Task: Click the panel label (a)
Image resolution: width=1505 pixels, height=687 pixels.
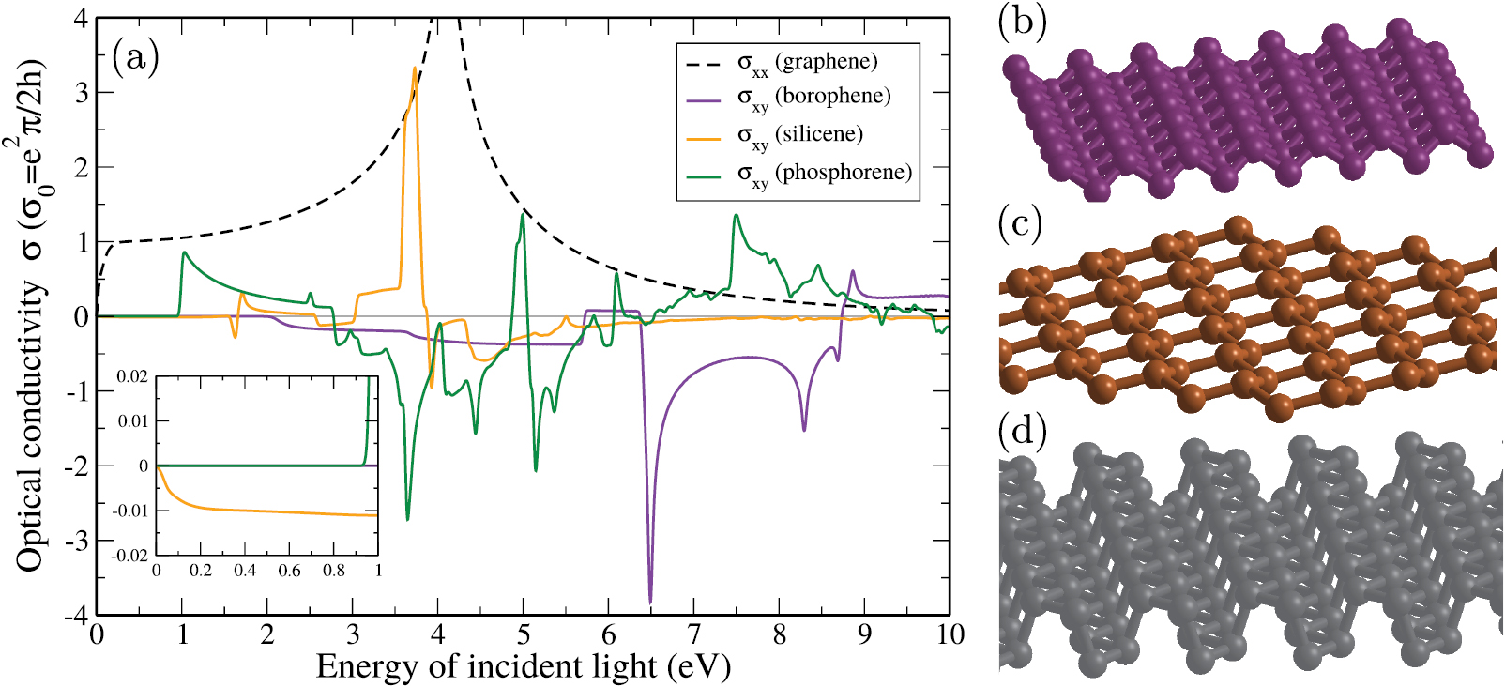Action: [135, 58]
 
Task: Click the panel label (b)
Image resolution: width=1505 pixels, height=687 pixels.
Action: [1022, 22]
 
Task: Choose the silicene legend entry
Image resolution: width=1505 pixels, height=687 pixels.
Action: [798, 136]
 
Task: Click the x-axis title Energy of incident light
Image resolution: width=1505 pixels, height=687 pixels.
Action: [523, 666]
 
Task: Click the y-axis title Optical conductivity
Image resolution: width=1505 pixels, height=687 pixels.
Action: [30, 319]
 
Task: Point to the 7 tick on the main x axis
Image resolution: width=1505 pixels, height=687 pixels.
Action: [694, 635]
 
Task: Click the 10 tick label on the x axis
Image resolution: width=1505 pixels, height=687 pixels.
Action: [950, 635]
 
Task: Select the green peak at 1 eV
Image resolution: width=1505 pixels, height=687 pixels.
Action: [184, 252]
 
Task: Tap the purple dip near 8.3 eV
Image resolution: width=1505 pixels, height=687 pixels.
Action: [804, 429]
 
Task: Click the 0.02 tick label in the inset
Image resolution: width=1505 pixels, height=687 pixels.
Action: [132, 376]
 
